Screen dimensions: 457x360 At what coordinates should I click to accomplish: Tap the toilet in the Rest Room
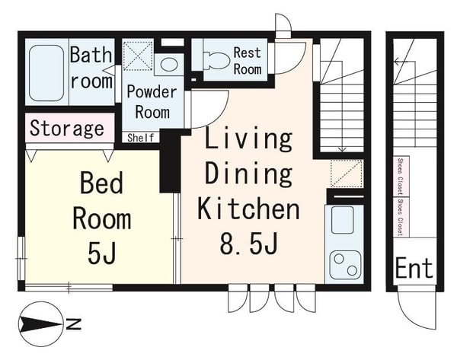click(216, 60)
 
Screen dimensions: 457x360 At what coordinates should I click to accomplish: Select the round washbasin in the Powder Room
click(169, 65)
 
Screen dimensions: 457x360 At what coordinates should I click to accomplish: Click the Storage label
click(67, 129)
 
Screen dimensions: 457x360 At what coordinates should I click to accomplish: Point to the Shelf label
click(140, 138)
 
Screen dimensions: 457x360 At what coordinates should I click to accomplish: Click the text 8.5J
click(248, 244)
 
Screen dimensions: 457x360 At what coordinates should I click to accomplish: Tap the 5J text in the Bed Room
click(102, 253)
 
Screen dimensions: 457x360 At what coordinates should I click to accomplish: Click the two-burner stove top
click(345, 264)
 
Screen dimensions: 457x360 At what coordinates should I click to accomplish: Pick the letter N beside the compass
click(73, 324)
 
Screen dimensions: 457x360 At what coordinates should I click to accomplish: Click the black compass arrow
click(41, 324)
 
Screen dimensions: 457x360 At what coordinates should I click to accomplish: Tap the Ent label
click(414, 269)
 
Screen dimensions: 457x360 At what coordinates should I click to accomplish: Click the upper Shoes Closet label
click(401, 177)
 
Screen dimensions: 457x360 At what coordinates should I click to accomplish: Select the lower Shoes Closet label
click(401, 218)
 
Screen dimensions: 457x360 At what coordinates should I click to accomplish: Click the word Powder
click(152, 92)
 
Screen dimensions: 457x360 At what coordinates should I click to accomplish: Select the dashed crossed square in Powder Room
click(138, 56)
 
